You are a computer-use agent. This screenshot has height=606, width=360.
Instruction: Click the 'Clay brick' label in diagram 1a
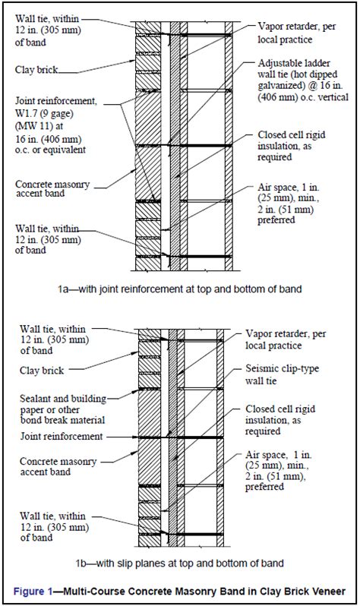36,70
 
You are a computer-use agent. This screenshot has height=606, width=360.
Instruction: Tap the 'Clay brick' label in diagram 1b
42,371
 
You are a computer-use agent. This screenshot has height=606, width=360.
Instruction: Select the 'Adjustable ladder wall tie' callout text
303,80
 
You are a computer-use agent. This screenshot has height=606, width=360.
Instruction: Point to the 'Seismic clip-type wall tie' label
283,374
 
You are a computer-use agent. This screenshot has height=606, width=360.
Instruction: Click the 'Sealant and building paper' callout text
63,409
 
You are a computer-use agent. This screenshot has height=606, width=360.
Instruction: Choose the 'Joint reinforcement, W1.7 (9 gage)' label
56,125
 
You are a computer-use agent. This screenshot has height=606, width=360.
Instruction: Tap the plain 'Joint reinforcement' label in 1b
62,437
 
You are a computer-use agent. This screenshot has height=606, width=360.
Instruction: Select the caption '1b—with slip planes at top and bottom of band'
180,563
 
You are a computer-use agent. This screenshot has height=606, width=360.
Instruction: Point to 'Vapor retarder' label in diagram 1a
297,33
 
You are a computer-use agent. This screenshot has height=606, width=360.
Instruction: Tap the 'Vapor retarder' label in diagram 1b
286,339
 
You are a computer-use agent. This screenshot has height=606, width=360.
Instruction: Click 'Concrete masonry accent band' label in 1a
52,188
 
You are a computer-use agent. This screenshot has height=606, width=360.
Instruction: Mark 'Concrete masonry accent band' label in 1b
58,466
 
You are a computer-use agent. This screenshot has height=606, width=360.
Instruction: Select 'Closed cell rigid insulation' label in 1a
292,146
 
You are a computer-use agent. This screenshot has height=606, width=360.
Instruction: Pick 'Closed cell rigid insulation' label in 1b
280,420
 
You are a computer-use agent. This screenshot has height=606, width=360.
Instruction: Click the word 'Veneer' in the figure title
328,592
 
